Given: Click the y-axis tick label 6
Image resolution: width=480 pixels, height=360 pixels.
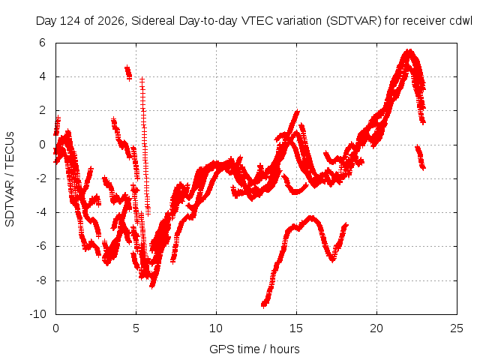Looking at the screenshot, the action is click(42, 43).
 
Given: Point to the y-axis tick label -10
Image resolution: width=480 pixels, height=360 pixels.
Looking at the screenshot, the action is click(37, 314).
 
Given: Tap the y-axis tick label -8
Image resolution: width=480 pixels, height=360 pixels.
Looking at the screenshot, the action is click(40, 280).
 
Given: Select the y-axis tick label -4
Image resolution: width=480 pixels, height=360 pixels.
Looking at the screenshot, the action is click(40, 212).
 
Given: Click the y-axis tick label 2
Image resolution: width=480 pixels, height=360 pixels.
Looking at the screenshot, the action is click(42, 110).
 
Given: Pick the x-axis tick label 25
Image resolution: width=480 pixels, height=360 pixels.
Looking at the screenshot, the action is click(457, 328).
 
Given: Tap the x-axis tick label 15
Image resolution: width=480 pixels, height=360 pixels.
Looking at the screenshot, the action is click(296, 328).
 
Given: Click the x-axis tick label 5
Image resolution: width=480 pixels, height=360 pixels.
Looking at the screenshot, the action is click(136, 328).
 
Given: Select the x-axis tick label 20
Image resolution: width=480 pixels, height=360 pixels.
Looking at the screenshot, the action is click(376, 328).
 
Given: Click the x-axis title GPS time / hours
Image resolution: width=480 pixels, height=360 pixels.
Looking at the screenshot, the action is click(254, 349).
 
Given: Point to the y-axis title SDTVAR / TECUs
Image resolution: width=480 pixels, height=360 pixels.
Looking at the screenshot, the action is click(10, 179).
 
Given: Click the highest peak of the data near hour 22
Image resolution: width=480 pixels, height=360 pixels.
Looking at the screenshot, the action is click(409, 50).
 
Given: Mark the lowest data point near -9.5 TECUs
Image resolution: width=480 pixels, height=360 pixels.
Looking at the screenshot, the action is click(264, 305).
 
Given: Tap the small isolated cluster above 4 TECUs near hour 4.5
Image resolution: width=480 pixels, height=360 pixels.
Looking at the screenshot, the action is click(128, 73).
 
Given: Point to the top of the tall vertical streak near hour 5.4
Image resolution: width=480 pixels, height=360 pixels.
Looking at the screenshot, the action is click(142, 79).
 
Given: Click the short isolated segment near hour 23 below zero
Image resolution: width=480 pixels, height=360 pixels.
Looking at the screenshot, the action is click(420, 157).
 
